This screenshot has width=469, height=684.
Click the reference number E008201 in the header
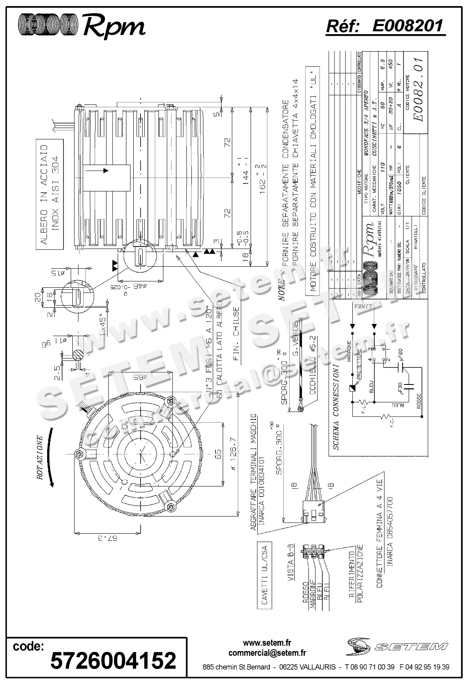click(x=408, y=27)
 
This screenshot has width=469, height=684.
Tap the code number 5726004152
click(x=113, y=660)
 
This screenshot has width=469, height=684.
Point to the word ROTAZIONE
click(x=40, y=458)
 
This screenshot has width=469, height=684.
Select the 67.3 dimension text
click(x=108, y=539)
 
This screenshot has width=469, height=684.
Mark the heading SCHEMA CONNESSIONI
click(x=336, y=407)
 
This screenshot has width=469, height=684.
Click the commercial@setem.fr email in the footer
click(x=267, y=653)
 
